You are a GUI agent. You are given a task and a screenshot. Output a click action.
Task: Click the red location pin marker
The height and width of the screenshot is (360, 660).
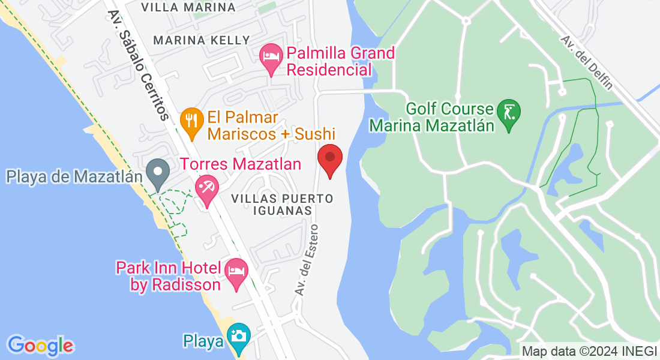[x=329, y=158]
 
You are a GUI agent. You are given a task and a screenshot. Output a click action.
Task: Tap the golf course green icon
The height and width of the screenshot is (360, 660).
[x=509, y=112]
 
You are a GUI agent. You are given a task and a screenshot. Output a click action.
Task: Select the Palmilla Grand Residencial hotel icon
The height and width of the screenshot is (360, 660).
[x=271, y=57]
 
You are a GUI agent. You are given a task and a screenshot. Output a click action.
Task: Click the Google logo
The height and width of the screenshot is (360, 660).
[x=40, y=346]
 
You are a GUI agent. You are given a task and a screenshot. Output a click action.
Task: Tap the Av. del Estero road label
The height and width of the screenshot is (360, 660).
[x=306, y=258]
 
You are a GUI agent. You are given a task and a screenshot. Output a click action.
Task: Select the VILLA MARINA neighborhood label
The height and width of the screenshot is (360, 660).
[x=188, y=8]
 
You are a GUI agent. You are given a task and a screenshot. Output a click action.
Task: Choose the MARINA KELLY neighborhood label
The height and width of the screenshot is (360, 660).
[x=202, y=40]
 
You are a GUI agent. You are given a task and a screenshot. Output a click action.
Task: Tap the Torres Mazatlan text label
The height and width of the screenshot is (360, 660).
[x=241, y=163]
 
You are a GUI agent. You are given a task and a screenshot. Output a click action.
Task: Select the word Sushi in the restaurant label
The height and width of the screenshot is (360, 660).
[x=314, y=134]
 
